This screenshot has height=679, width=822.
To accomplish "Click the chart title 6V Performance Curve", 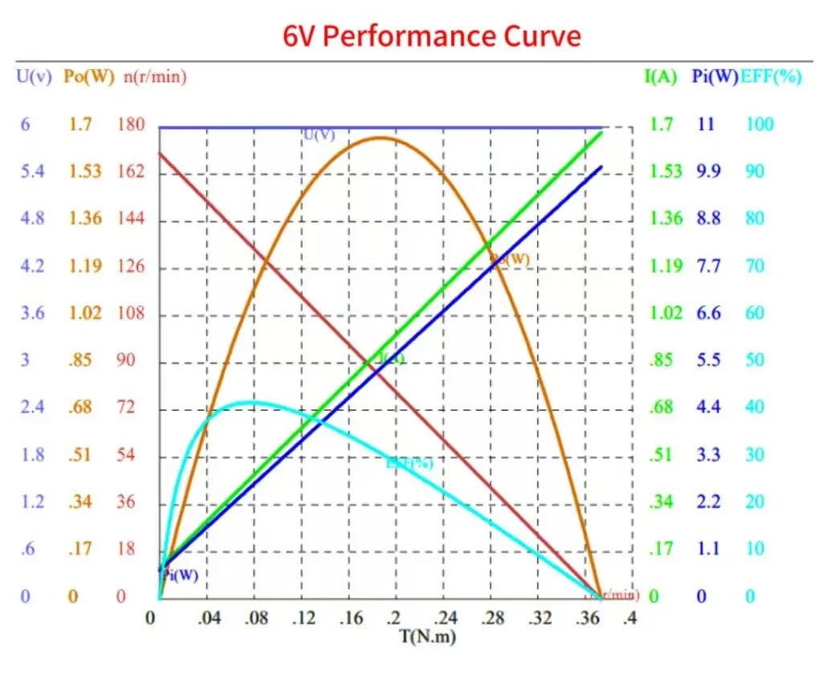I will pyautogui.click(x=432, y=37).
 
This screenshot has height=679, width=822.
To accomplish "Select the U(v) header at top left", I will pyautogui.click(x=35, y=78).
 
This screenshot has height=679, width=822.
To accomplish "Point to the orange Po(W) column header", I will pyautogui.click(x=89, y=78).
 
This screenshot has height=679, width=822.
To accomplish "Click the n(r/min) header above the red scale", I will pyautogui.click(x=155, y=78).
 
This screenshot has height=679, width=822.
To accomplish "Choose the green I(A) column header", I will pyautogui.click(x=661, y=78).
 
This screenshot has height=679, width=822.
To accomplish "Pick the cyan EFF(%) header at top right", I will pyautogui.click(x=771, y=78).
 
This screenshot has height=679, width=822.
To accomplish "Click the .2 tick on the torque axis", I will pyautogui.click(x=394, y=619).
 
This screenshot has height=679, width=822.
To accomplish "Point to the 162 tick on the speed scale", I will pyautogui.click(x=131, y=172).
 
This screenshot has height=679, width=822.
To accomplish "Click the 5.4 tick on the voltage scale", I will pyautogui.click(x=32, y=172).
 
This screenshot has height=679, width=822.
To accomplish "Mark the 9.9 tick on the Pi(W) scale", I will pyautogui.click(x=708, y=172).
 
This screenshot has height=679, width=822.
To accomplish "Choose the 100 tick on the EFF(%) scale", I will pyautogui.click(x=759, y=124).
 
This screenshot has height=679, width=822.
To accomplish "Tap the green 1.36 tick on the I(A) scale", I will pyautogui.click(x=665, y=218).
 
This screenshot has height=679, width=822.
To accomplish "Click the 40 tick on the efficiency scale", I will pyautogui.click(x=755, y=407).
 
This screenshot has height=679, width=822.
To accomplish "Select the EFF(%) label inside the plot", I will pyautogui.click(x=409, y=463).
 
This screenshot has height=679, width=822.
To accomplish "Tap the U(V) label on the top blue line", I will pyautogui.click(x=319, y=135).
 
